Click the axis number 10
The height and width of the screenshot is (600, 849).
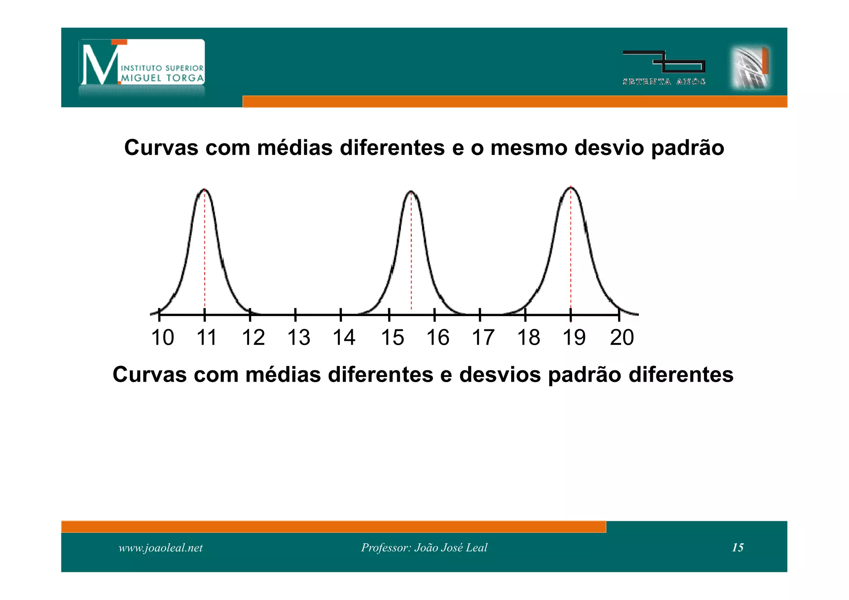tap(163, 337)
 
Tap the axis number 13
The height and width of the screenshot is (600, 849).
tap(298, 337)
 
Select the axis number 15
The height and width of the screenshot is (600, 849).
tap(392, 337)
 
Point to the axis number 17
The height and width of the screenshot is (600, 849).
tap(483, 337)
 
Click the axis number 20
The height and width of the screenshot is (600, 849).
tap(622, 337)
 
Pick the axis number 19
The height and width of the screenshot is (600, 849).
tap(574, 337)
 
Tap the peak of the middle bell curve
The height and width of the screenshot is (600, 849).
tap(411, 192)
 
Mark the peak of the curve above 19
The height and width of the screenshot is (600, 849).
tap(570, 188)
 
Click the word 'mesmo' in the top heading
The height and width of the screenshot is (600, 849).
tap(529, 148)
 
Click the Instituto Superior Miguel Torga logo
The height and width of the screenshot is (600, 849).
tap(142, 62)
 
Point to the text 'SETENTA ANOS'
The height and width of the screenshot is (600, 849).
tap(664, 82)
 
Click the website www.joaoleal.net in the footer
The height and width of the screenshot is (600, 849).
tap(160, 548)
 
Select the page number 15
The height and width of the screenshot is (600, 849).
tap(737, 547)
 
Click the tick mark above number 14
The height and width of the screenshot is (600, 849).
tap(340, 315)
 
